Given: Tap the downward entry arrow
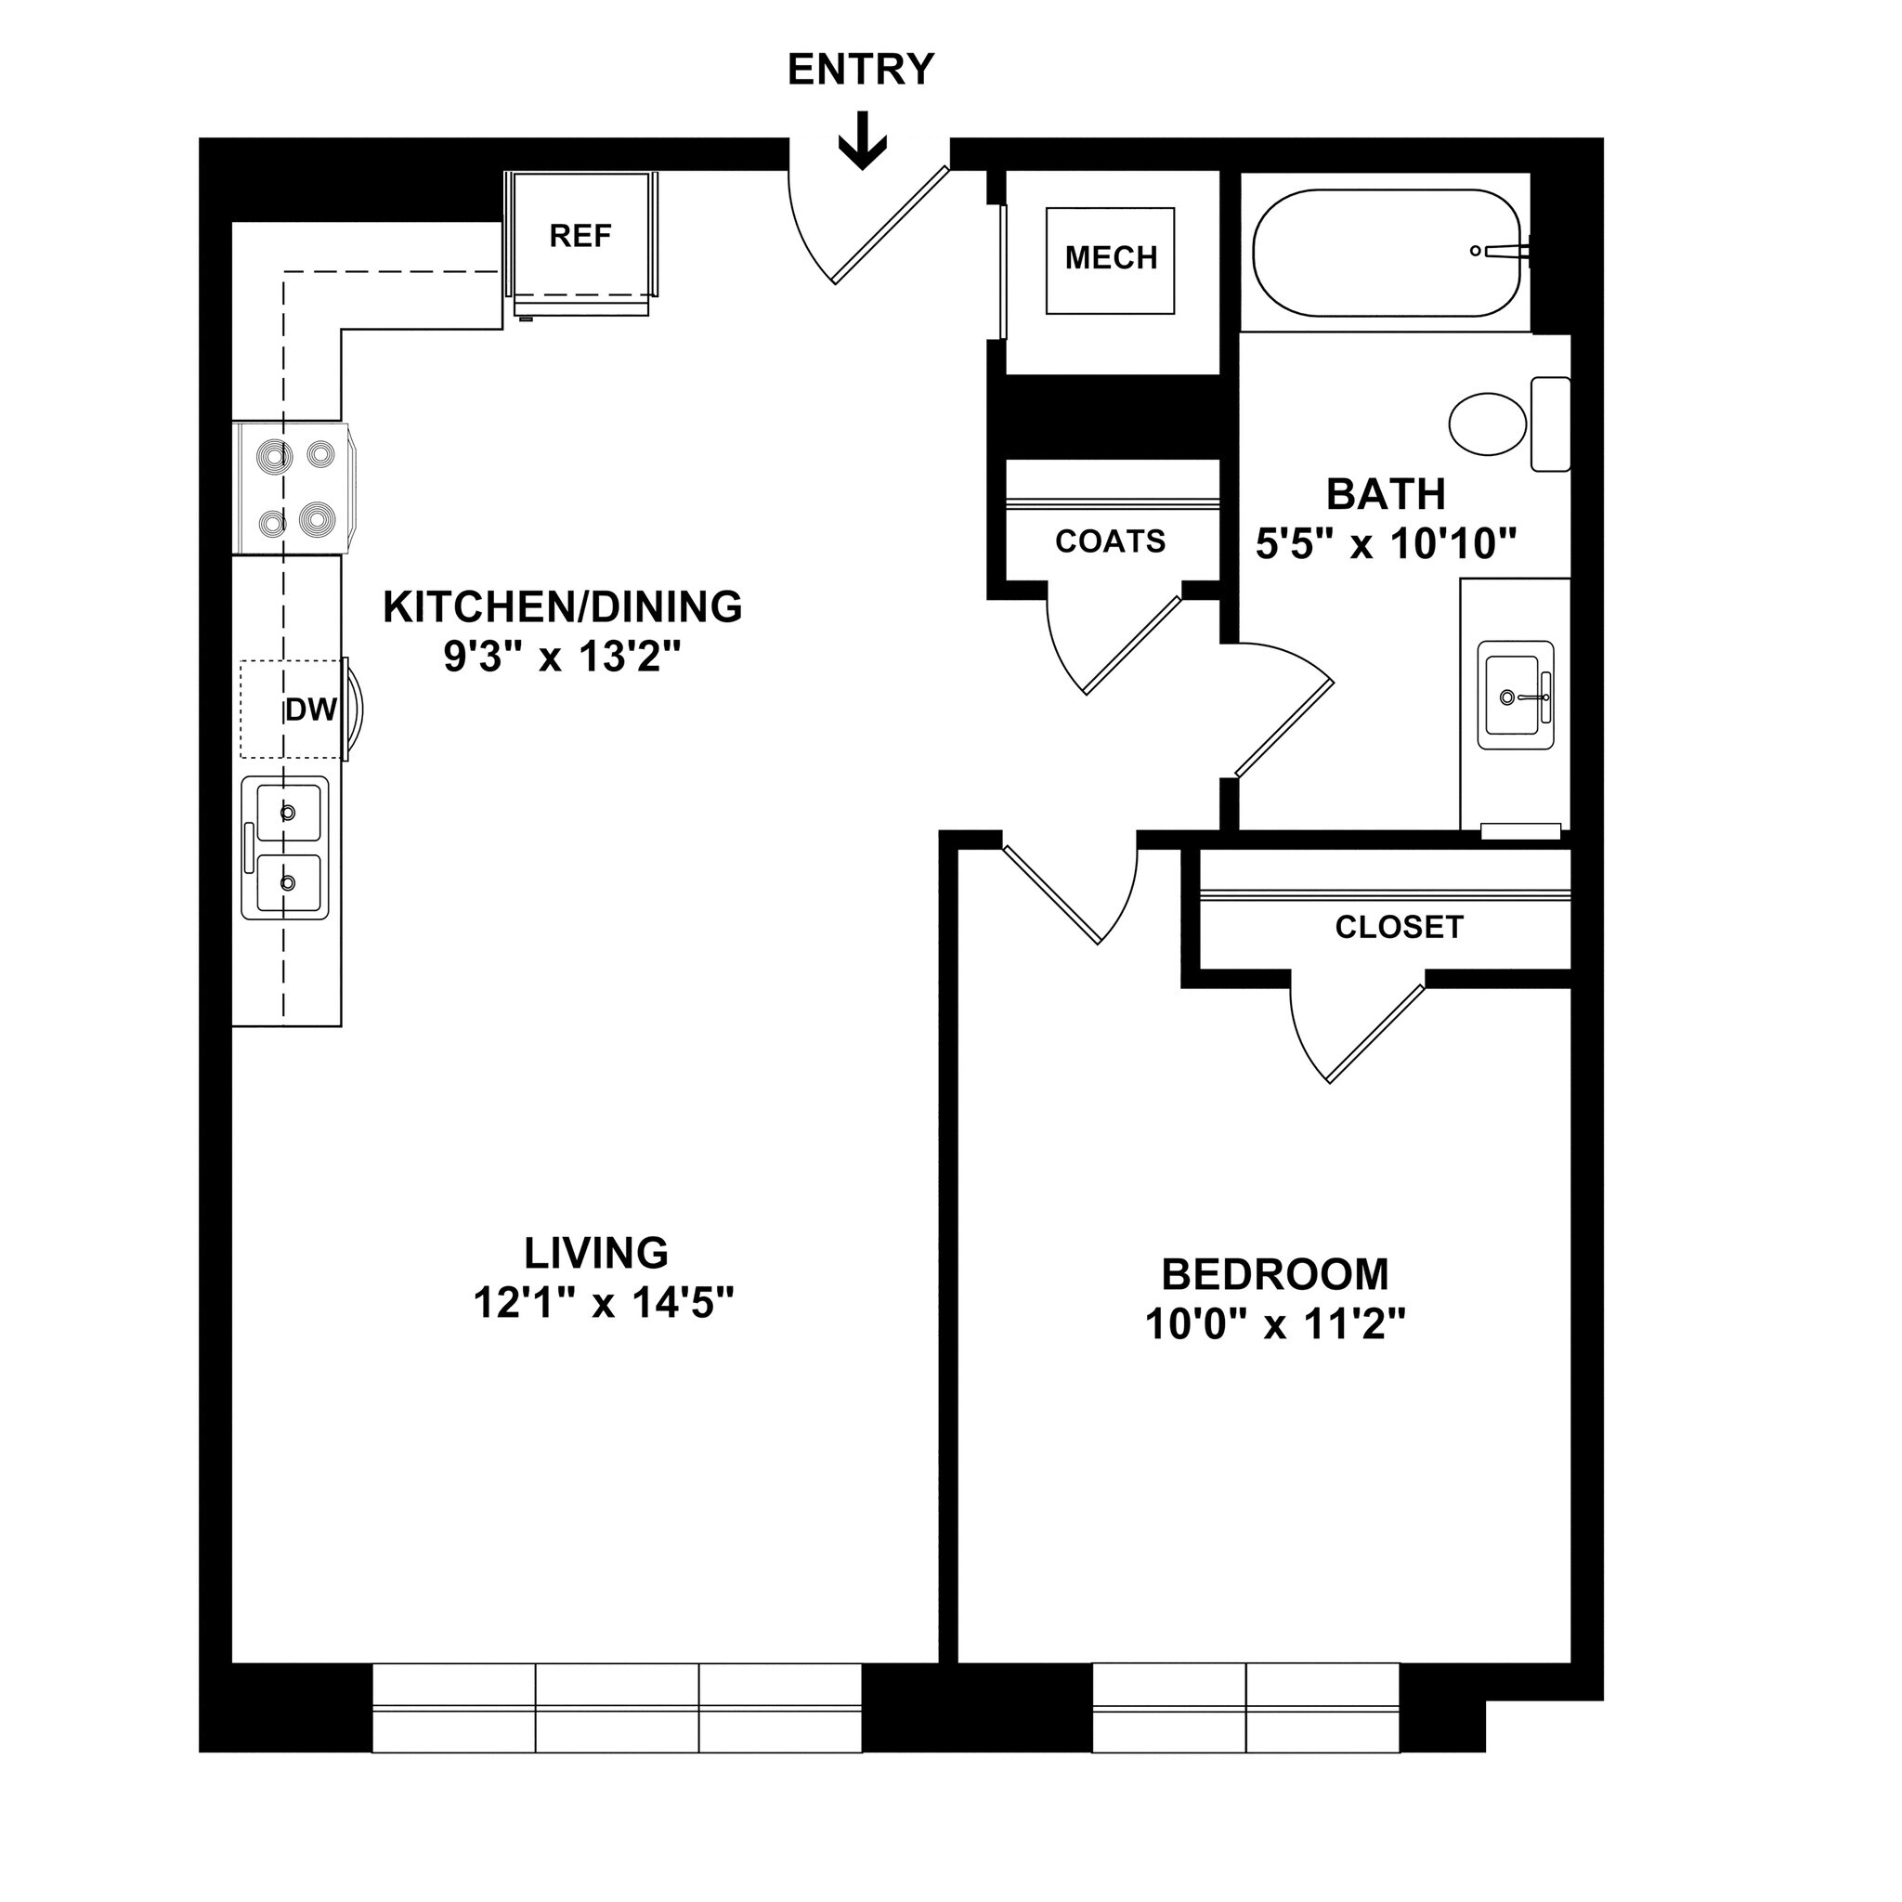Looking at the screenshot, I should [863, 141].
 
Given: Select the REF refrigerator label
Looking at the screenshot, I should [580, 236].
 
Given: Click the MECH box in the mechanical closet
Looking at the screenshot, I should [1111, 259].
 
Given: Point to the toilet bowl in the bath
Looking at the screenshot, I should [1487, 424].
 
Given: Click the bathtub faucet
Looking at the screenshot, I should [1502, 251].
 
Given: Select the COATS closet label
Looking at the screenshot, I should [1110, 541].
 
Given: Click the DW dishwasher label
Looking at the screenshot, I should [310, 710].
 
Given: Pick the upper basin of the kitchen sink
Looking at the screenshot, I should [289, 813].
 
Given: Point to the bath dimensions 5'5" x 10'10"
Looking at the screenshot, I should [1385, 543].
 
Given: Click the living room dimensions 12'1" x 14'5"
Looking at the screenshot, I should [604, 1303].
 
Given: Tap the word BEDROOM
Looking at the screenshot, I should [1275, 1275].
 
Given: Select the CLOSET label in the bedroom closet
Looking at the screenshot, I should [1398, 928].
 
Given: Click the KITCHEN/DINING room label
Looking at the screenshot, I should [562, 607].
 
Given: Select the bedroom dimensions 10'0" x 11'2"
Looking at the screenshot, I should [1275, 1325].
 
